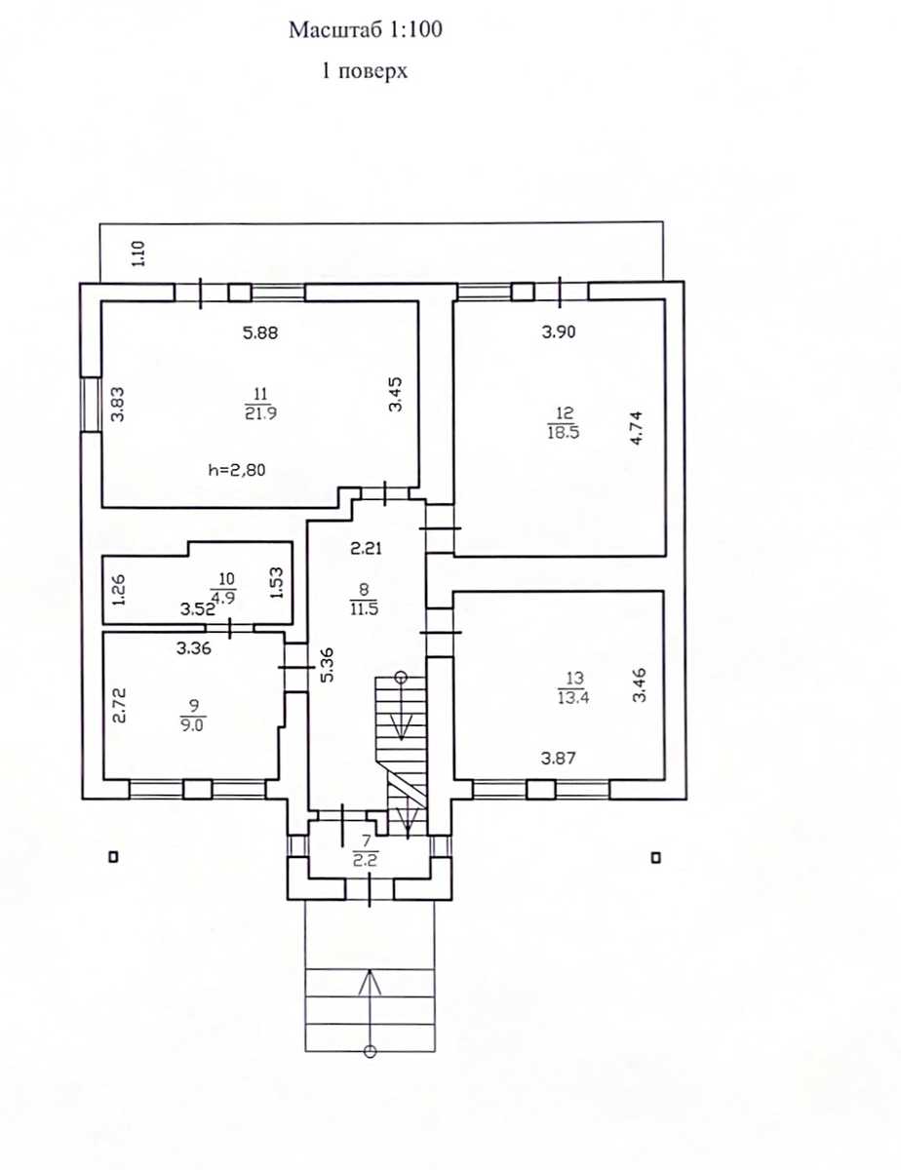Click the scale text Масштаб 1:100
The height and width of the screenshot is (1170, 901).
pyautogui.click(x=366, y=30)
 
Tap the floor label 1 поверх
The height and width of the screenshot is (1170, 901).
pyautogui.click(x=365, y=71)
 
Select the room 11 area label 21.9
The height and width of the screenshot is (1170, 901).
pyautogui.click(x=260, y=413)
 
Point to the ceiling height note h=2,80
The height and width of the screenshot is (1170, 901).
pyautogui.click(x=237, y=470)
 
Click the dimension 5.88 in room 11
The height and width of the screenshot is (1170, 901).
pyautogui.click(x=260, y=332)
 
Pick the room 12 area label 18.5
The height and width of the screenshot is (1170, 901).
pyautogui.click(x=563, y=432)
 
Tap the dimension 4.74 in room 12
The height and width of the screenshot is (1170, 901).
pyautogui.click(x=636, y=428)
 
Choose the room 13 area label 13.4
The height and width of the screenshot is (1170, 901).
pyautogui.click(x=574, y=697)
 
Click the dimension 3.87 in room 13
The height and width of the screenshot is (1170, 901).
pyautogui.click(x=558, y=759)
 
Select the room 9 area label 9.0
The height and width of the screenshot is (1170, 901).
pyautogui.click(x=193, y=725)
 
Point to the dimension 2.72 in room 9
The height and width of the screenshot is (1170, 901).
pyautogui.click(x=120, y=705)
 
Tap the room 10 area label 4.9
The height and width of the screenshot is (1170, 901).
pyautogui.click(x=227, y=599)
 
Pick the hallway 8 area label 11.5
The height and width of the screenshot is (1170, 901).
pyautogui.click(x=364, y=609)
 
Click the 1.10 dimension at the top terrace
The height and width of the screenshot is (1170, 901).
pyautogui.click(x=138, y=253)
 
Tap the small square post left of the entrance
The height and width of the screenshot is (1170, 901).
pyautogui.click(x=113, y=857)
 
